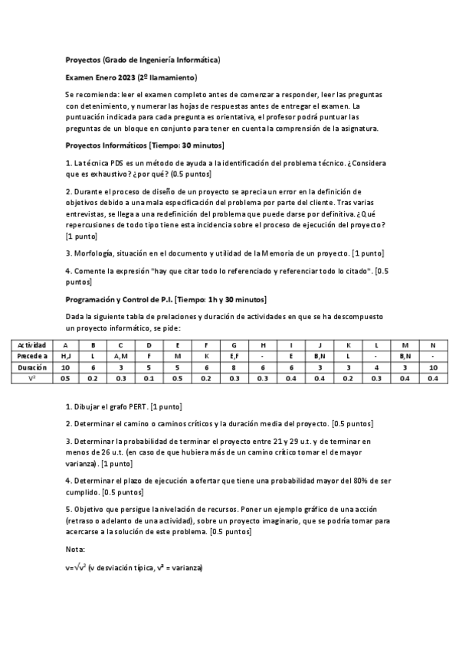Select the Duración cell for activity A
[65, 367]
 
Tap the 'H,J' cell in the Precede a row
[65, 357]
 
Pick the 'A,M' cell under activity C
[121, 357]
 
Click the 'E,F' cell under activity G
[234, 357]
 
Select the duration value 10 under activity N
[433, 367]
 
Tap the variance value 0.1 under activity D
[149, 378]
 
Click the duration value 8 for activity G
[234, 367]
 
